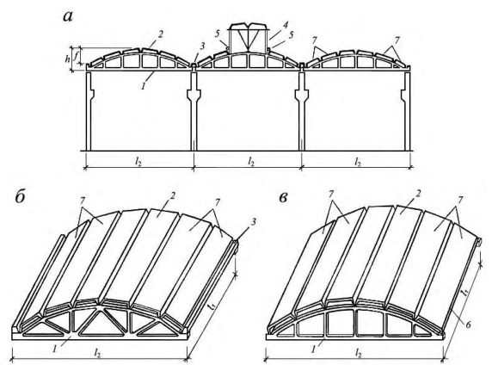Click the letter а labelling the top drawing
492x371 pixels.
click(x=68, y=16)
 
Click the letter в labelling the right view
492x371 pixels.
click(x=283, y=198)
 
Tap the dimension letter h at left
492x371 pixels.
click(x=67, y=59)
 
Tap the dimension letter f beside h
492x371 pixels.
click(x=76, y=55)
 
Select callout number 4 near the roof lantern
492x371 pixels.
click(x=286, y=24)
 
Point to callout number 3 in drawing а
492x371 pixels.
click(x=203, y=46)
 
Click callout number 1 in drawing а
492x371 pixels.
click(x=144, y=86)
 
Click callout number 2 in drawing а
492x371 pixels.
click(x=161, y=34)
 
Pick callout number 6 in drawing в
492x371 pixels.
click(x=468, y=324)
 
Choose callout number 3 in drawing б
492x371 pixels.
click(x=254, y=222)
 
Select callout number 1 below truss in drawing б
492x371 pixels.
click(x=55, y=349)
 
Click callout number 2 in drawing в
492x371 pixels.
click(x=418, y=195)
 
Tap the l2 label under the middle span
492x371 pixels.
click(x=251, y=161)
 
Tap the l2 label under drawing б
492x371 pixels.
click(x=98, y=354)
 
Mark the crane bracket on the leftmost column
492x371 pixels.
click(x=91, y=93)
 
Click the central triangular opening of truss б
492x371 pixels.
click(x=100, y=321)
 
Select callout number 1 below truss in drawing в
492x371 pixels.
click(x=314, y=349)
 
